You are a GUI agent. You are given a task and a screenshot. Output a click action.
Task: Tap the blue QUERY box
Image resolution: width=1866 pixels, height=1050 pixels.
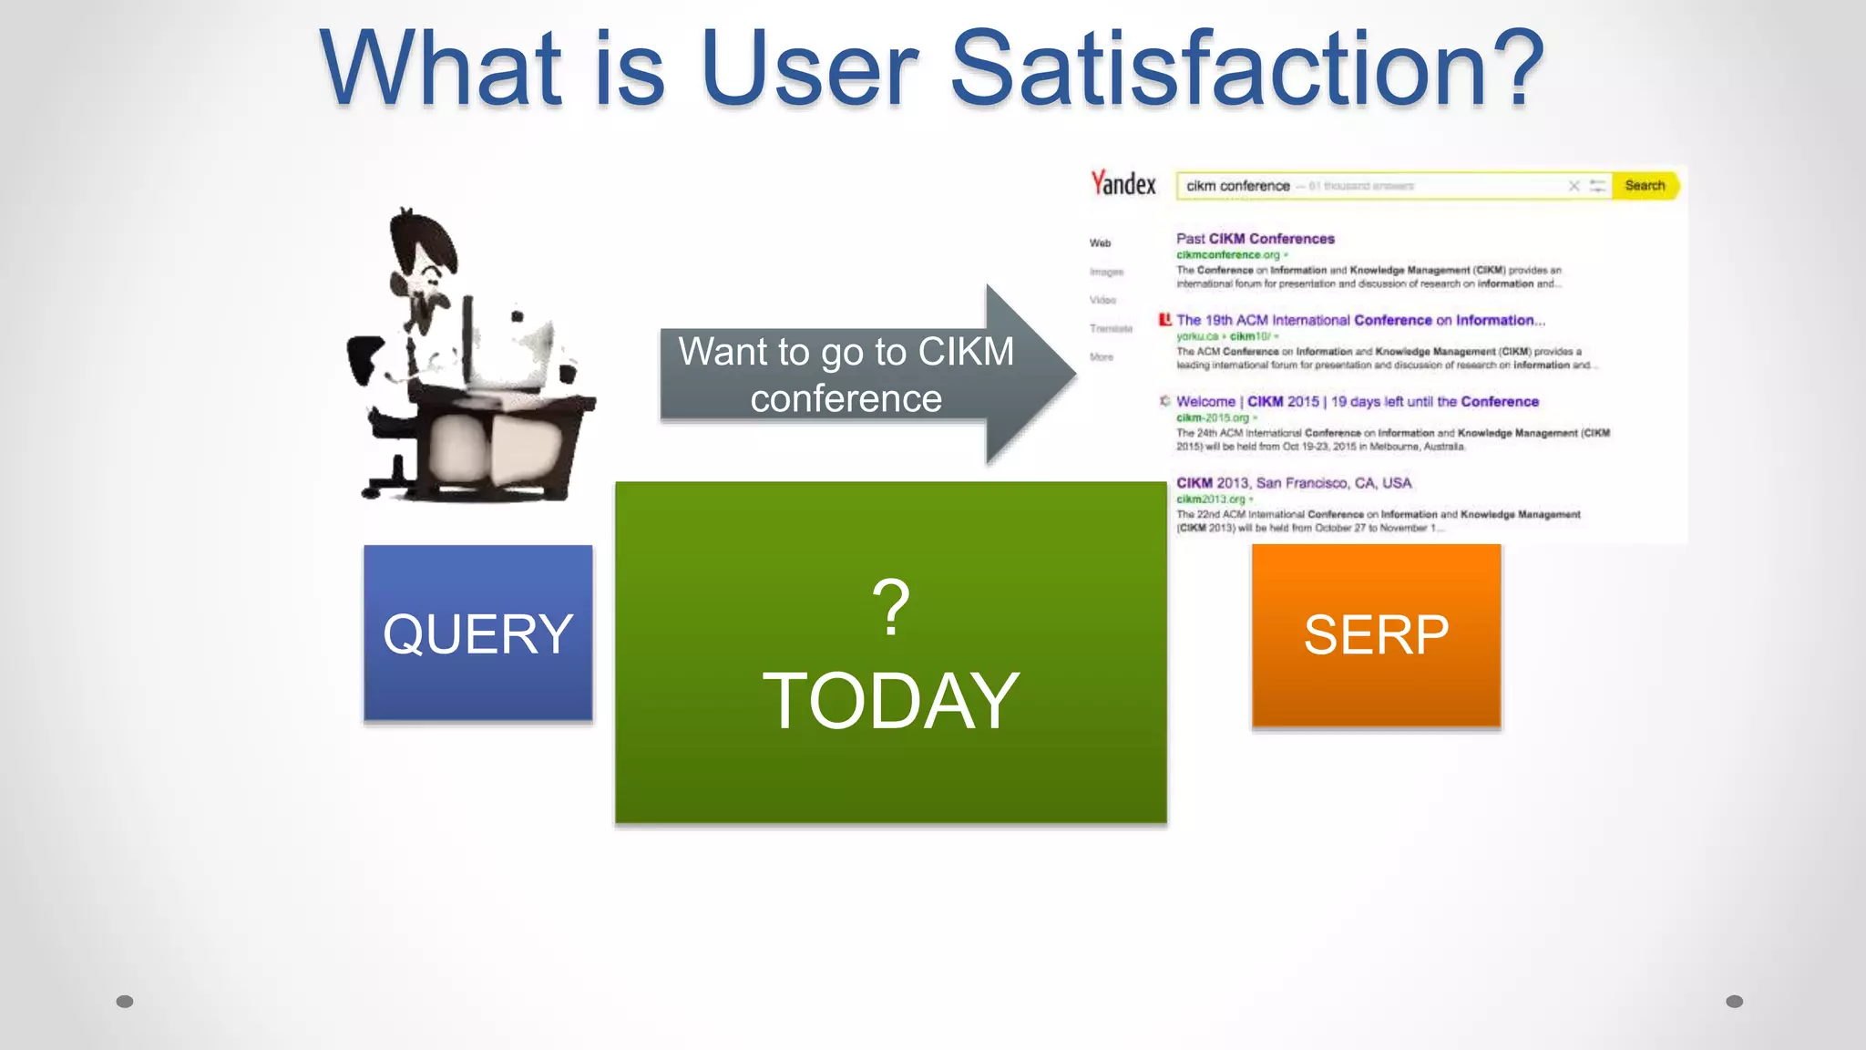point(477,633)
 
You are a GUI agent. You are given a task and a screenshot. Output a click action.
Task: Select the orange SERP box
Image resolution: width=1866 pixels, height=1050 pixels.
point(1376,635)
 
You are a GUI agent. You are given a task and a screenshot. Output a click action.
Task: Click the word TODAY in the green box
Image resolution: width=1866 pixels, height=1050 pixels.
point(890,701)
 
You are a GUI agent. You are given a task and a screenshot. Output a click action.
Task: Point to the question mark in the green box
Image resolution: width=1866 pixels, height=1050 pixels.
point(890,607)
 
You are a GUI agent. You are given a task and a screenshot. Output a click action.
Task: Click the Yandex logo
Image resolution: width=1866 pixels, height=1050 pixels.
point(1123,184)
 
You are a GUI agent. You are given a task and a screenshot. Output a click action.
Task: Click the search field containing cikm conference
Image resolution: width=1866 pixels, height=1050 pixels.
point(1367,186)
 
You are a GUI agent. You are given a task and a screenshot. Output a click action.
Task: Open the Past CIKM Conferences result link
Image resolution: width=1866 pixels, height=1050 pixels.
point(1255,239)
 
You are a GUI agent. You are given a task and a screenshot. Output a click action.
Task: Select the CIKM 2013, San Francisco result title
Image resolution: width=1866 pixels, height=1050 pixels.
point(1293,483)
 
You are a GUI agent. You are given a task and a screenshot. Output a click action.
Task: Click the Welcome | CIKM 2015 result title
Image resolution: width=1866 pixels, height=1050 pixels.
point(1357,402)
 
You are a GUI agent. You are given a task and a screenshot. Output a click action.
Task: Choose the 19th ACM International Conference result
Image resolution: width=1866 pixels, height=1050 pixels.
point(1359,321)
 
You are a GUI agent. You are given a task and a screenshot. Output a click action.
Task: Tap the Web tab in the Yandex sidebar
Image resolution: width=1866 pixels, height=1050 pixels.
point(1100,243)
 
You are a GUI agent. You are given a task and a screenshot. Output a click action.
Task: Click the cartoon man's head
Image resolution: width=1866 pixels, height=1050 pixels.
point(421,246)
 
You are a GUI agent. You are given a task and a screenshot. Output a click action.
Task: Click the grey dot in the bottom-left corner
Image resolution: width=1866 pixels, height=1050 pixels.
point(125,1002)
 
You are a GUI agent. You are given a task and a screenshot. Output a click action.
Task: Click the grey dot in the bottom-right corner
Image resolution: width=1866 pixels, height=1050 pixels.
point(1734,1002)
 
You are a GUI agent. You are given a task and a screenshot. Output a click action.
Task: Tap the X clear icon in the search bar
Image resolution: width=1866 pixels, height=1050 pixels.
point(1574,186)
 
